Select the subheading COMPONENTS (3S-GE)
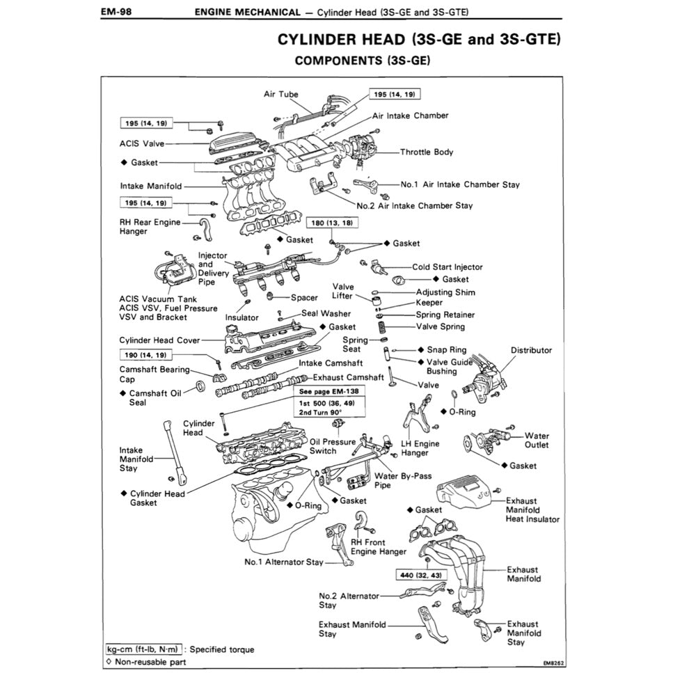(363, 61)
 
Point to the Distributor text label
(531, 350)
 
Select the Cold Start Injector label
(447, 267)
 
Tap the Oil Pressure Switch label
(332, 446)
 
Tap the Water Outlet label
(537, 441)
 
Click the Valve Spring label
(440, 326)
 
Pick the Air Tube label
(280, 94)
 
